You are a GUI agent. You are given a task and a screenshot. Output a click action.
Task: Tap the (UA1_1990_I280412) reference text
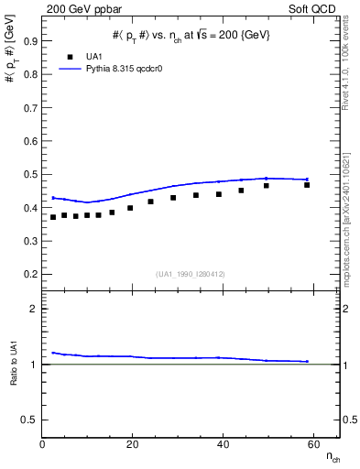[x=191, y=274]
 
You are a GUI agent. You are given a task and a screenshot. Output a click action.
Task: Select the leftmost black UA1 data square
[x=53, y=217]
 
